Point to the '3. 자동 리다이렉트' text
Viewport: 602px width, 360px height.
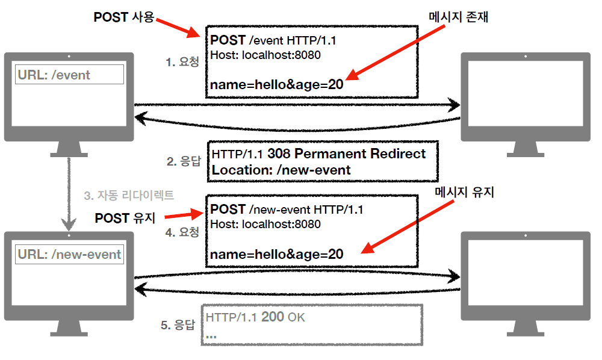[x=129, y=195]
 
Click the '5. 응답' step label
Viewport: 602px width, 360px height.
[x=178, y=325]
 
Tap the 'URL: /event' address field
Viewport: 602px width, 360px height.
[x=69, y=75]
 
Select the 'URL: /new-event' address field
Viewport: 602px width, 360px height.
[x=69, y=254]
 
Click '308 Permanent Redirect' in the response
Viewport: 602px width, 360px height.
[x=346, y=154]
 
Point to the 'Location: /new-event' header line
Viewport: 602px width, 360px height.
[x=281, y=170]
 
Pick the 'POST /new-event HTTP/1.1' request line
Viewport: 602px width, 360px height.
[x=286, y=209]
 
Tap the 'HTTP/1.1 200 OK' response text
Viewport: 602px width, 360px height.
[x=255, y=317]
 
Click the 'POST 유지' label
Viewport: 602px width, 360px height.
[x=125, y=218]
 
